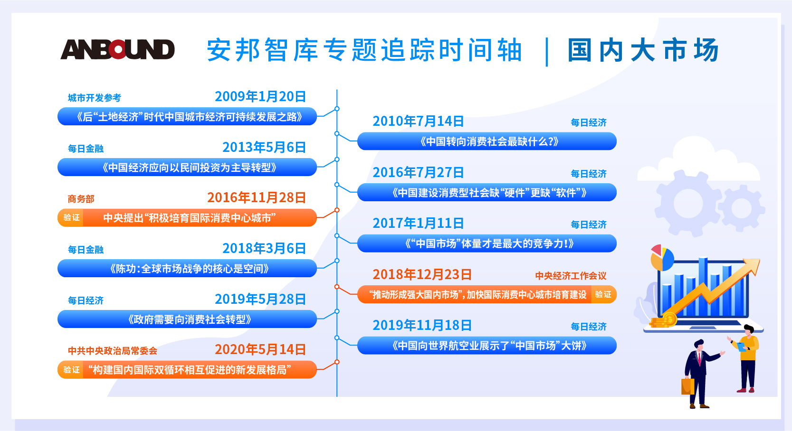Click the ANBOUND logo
coord(117,49)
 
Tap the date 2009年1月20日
coord(260,96)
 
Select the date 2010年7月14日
coord(418,121)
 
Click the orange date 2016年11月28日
coord(257,197)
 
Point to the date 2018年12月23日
coord(422,274)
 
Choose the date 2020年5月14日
coord(260,349)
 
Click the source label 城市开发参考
coord(95,98)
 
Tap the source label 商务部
coord(81,199)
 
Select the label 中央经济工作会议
coord(571,276)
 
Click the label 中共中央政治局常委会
coord(113,351)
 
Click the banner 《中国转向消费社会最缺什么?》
coord(487,141)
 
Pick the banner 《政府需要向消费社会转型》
coord(187,319)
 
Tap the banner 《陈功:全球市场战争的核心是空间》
coord(187,269)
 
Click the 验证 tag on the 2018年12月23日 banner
coord(603,294)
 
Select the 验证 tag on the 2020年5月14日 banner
coord(71,369)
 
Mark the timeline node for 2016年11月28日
coord(337,210)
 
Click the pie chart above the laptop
coord(662,258)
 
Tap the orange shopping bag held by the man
coord(687,386)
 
